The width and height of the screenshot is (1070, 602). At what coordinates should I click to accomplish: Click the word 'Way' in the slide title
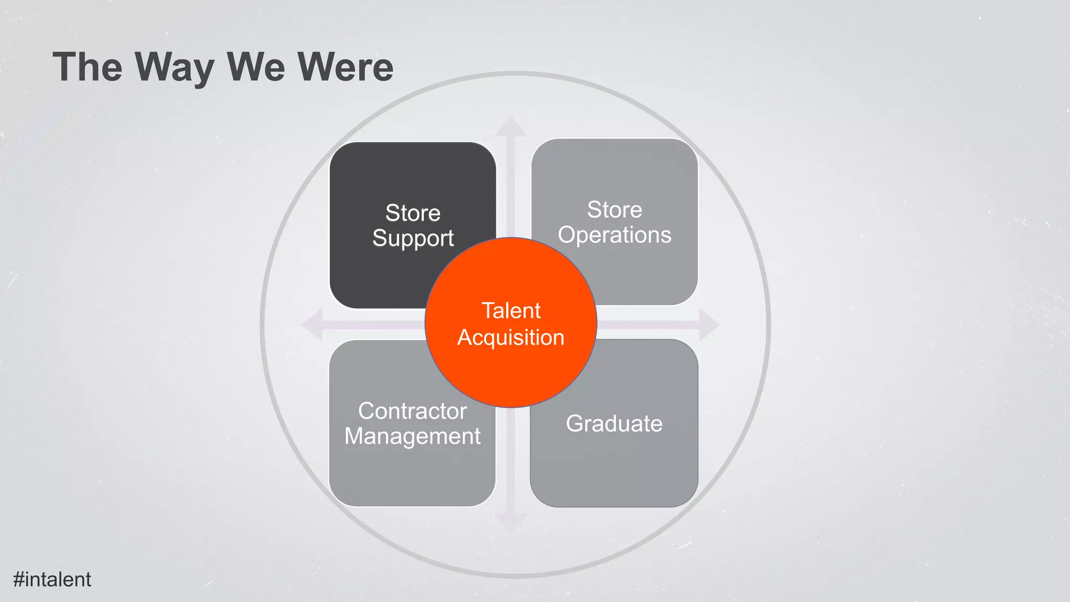click(174, 67)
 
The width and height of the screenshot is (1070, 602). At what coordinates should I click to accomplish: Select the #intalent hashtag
click(52, 580)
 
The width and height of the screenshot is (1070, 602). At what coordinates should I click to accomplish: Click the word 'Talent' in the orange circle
click(511, 311)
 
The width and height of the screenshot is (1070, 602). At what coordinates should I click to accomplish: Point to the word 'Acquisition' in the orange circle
click(511, 338)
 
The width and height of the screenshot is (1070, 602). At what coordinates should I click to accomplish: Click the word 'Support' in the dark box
click(413, 239)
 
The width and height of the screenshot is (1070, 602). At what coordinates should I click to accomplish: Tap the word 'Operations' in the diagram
click(614, 235)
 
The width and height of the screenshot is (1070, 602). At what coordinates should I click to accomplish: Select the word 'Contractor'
click(412, 411)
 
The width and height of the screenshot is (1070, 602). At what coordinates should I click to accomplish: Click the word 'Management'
click(412, 436)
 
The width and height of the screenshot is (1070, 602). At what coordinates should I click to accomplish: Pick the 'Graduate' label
click(614, 424)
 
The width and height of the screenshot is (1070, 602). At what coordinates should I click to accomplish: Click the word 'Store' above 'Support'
click(413, 213)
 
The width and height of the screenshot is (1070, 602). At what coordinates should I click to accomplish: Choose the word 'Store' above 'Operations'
click(614, 210)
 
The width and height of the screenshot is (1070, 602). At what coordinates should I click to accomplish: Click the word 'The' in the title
click(87, 67)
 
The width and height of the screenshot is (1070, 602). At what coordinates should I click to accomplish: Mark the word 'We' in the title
click(255, 67)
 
